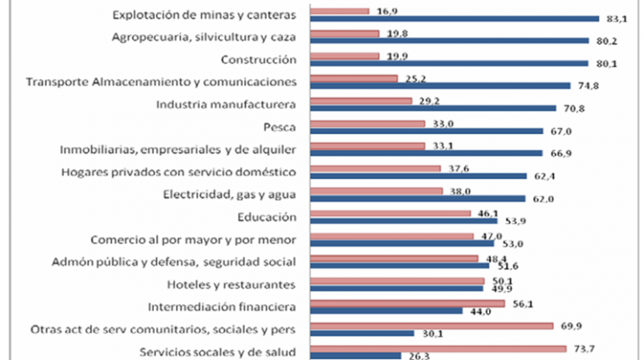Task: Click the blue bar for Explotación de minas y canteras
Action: (x=454, y=18)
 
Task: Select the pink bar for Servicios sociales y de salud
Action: (x=438, y=348)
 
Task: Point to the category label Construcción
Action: (x=259, y=59)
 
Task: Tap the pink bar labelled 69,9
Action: (x=431, y=326)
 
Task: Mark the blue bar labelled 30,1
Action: (x=361, y=333)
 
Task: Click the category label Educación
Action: (x=268, y=217)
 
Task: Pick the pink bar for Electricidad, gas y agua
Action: (x=376, y=191)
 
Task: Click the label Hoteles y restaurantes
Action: (x=236, y=284)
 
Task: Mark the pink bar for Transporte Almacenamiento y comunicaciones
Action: (x=353, y=78)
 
